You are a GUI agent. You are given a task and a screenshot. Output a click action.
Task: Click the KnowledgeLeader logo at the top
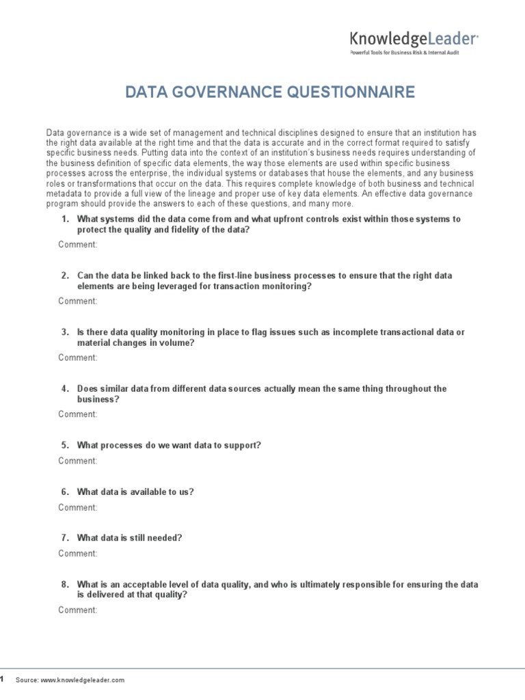coord(414,39)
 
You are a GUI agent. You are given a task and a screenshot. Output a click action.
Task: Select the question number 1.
coord(65,219)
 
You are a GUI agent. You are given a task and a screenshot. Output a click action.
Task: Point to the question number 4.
coord(65,388)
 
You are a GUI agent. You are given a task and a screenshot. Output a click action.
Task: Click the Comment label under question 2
coord(78,301)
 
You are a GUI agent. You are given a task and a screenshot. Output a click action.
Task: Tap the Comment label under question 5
coord(78,461)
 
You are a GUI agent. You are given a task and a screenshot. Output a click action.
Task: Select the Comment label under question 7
coord(78,554)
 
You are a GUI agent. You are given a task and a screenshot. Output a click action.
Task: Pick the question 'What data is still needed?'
coord(129,538)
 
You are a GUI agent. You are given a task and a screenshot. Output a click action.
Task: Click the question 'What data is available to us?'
coord(135,492)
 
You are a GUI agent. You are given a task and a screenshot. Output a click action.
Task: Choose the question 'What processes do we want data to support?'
coord(169,445)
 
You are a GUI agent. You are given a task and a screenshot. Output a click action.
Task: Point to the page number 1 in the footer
coord(2,679)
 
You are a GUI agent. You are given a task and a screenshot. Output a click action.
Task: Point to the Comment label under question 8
coord(78,610)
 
